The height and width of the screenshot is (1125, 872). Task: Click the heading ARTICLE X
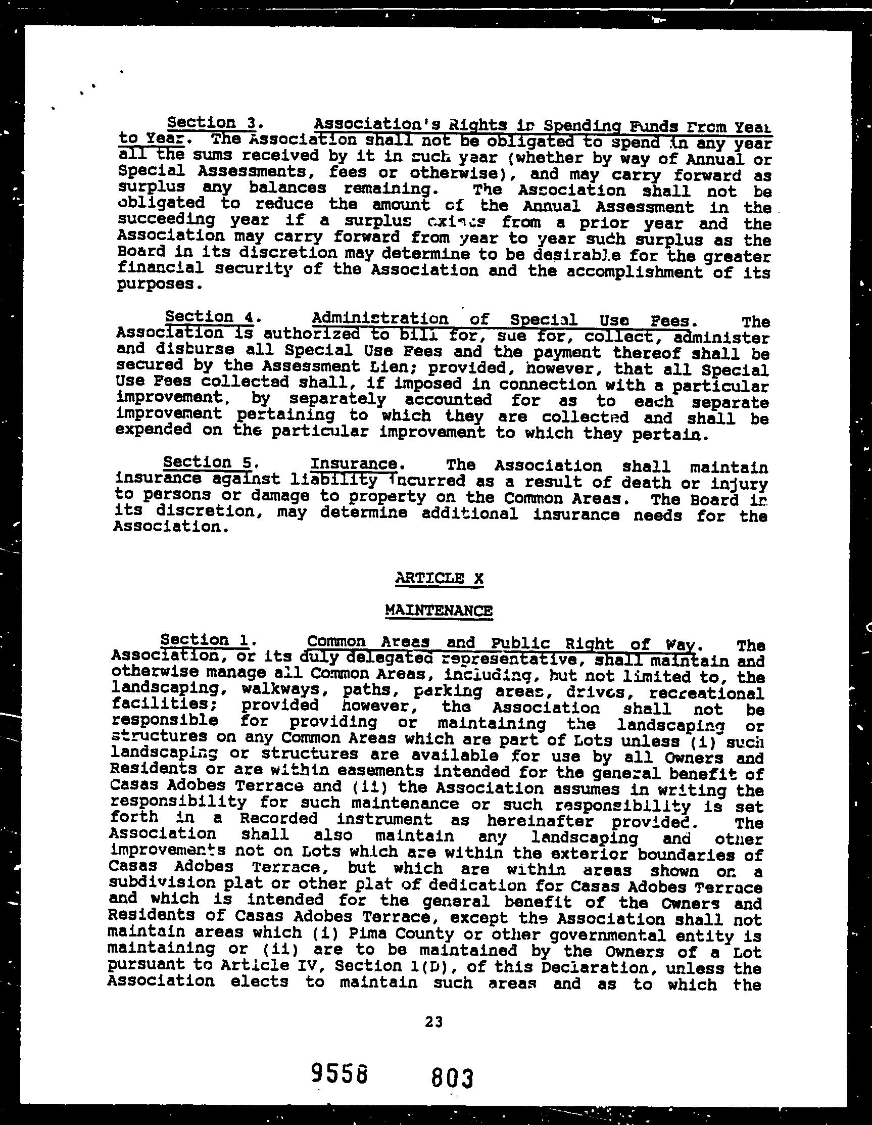pyautogui.click(x=440, y=579)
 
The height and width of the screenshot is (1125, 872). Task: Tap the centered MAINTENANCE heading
pyautogui.click(x=439, y=611)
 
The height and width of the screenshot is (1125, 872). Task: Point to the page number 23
pyautogui.click(x=434, y=1021)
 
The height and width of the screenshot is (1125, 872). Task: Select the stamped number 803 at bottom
pyautogui.click(x=452, y=1077)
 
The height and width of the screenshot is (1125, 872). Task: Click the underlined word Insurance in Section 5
pyautogui.click(x=353, y=464)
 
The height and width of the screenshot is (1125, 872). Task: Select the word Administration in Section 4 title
pyautogui.click(x=379, y=318)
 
